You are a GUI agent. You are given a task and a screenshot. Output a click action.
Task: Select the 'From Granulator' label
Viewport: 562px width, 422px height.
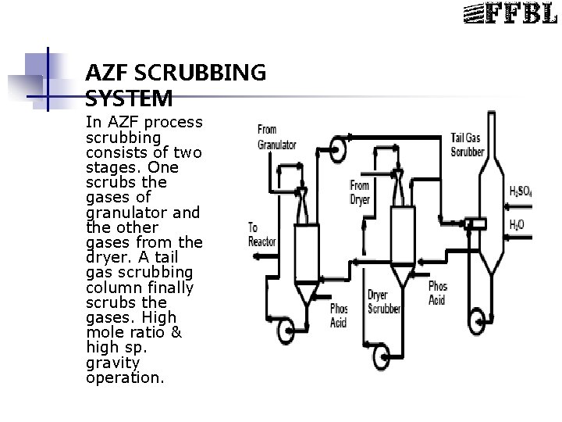(x=277, y=137)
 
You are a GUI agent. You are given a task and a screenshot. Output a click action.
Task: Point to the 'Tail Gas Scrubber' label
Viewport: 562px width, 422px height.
(x=468, y=144)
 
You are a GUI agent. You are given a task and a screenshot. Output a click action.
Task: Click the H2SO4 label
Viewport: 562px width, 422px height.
(x=522, y=191)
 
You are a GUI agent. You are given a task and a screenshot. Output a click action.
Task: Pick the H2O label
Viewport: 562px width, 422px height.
(x=517, y=224)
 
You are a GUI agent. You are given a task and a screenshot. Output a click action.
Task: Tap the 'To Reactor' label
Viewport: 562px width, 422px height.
(x=261, y=234)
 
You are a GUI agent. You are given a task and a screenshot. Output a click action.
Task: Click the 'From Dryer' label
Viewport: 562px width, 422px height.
(x=359, y=191)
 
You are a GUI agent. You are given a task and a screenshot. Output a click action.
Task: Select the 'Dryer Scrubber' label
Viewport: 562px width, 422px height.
(x=384, y=302)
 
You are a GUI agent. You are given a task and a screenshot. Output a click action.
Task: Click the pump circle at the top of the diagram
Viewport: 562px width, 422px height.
(x=338, y=149)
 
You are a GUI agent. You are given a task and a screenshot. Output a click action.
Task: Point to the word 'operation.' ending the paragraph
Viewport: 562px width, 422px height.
(x=125, y=377)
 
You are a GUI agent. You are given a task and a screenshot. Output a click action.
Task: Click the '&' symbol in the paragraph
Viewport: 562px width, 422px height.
(x=176, y=332)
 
